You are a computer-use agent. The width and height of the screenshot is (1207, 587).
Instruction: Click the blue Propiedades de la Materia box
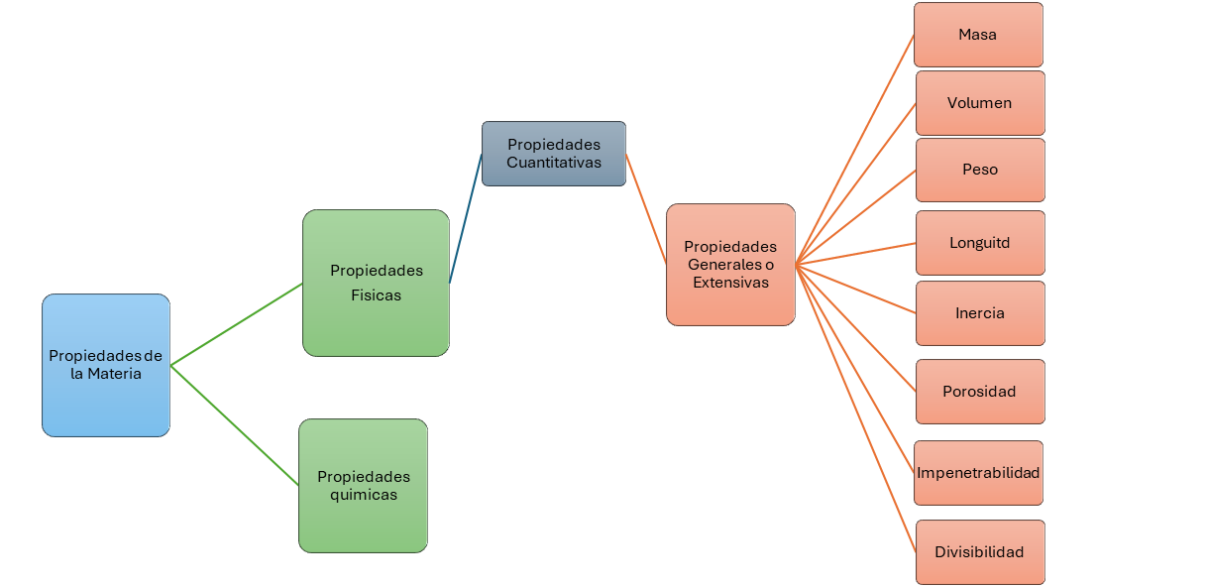click(x=106, y=365)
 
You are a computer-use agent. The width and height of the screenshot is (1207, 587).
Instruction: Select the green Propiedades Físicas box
click(x=376, y=283)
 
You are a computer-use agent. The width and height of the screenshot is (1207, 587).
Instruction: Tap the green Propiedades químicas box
click(x=363, y=486)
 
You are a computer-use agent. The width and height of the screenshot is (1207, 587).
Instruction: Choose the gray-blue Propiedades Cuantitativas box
click(x=554, y=154)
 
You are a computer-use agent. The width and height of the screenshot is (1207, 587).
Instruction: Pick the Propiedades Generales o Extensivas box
click(x=730, y=265)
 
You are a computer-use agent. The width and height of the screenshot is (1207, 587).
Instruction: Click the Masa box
click(x=978, y=35)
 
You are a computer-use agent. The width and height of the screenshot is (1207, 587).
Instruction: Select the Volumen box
click(x=979, y=103)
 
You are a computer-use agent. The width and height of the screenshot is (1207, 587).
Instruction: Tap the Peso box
click(x=979, y=170)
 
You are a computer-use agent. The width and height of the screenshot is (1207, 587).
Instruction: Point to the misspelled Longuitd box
click(x=979, y=243)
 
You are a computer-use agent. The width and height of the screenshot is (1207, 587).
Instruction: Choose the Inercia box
click(x=979, y=313)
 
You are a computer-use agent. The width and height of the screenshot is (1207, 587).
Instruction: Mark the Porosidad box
click(x=979, y=392)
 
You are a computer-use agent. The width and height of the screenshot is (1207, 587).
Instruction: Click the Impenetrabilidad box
click(x=978, y=473)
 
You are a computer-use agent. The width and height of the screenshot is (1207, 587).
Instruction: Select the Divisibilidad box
click(x=979, y=552)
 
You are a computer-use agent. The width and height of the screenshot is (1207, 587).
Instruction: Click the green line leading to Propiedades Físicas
click(x=236, y=324)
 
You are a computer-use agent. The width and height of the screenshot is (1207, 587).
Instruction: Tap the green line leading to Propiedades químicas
click(x=235, y=425)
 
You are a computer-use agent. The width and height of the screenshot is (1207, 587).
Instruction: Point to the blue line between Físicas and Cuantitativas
click(x=466, y=218)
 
